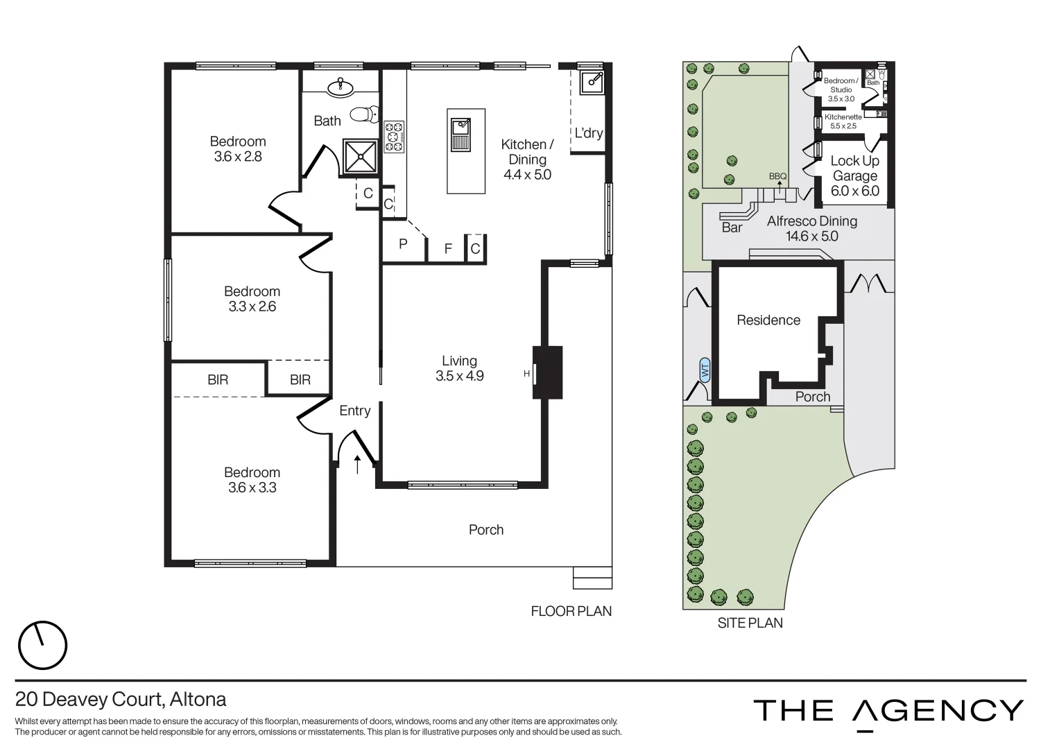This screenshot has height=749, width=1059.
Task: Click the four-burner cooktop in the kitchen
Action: pyautogui.click(x=395, y=137)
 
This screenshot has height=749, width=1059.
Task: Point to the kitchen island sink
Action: pyautogui.click(x=460, y=134)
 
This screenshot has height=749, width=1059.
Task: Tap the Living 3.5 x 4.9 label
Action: pyautogui.click(x=459, y=368)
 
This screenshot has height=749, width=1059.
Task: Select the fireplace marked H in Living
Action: pyautogui.click(x=546, y=372)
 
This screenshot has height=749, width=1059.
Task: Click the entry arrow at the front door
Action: pyautogui.click(x=358, y=464)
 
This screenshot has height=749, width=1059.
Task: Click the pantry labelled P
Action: pyautogui.click(x=403, y=244)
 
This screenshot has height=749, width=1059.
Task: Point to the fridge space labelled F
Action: pyautogui.click(x=448, y=248)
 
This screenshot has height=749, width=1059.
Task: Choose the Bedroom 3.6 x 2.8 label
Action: pyautogui.click(x=238, y=149)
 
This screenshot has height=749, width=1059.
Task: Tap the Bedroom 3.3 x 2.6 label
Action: pyautogui.click(x=252, y=299)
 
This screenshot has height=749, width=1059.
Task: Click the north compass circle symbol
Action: pyautogui.click(x=42, y=645)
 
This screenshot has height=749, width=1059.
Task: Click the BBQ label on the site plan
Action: pyautogui.click(x=778, y=176)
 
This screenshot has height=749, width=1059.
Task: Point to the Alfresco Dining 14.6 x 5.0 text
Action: pyautogui.click(x=811, y=228)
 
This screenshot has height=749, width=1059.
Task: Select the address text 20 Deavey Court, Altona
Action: pyautogui.click(x=121, y=699)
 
